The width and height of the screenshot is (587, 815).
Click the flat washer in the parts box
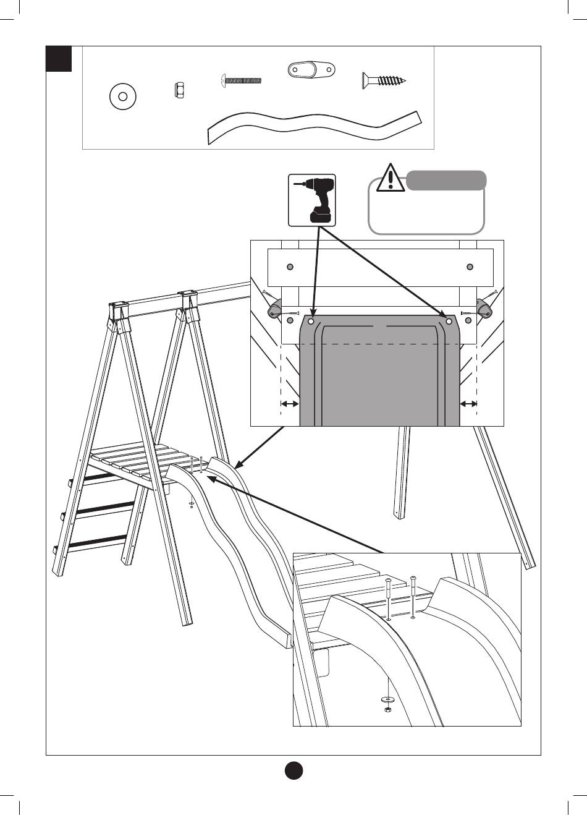click(x=122, y=96)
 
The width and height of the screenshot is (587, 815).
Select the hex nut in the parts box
click(x=178, y=91)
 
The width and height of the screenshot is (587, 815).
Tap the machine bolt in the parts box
click(x=242, y=80)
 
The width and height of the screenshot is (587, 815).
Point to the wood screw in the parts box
click(x=384, y=79)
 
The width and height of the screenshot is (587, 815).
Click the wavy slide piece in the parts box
click(x=315, y=126)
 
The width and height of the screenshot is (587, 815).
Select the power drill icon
click(x=313, y=200)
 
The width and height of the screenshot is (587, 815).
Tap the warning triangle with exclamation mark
click(x=391, y=177)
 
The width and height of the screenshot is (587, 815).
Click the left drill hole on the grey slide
click(x=311, y=322)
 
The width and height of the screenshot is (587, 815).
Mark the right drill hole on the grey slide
click(x=449, y=322)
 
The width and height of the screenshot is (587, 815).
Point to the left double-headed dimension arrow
click(x=289, y=404)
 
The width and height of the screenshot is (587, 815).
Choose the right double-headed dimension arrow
click(x=469, y=404)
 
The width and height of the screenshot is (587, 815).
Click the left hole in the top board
click(x=290, y=267)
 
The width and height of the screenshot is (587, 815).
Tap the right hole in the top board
click(x=470, y=267)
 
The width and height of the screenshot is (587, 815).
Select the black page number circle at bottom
click(x=293, y=770)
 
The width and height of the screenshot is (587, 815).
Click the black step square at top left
click(x=59, y=58)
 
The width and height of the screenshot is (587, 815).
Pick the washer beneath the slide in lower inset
click(x=387, y=699)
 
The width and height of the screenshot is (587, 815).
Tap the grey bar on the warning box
click(x=446, y=181)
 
